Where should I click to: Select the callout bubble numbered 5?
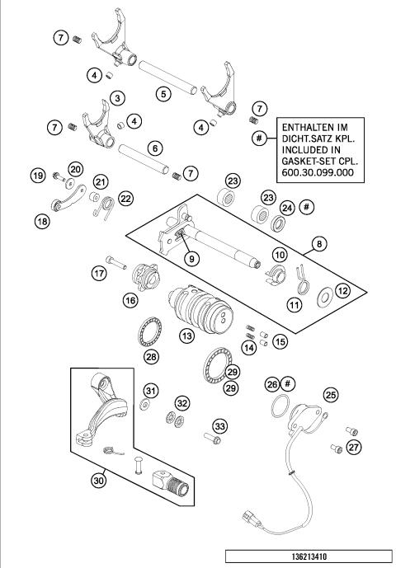pos(165,94)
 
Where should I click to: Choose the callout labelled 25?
pos(330,394)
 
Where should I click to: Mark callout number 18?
pos(40,219)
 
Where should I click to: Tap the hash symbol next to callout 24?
pos(306,206)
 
